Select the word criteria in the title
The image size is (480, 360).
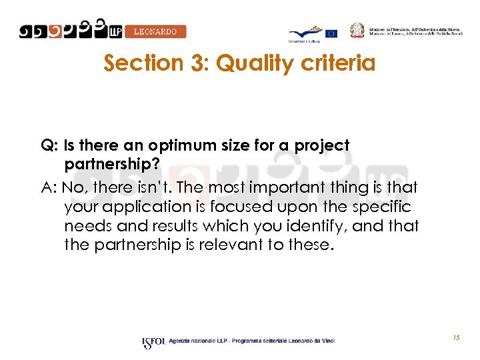tap(339, 63)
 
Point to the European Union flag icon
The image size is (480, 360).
tap(331, 33)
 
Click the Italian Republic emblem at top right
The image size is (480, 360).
tap(359, 30)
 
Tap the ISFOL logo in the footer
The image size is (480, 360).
tap(154, 343)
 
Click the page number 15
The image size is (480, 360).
tap(456, 339)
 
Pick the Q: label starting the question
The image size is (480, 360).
tap(49, 145)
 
